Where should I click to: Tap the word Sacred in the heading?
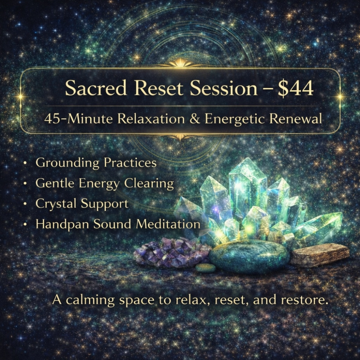click(x=89, y=89)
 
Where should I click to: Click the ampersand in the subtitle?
click(x=195, y=118)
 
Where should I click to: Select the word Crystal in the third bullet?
click(x=56, y=204)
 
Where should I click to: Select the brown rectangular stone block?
click(x=319, y=254)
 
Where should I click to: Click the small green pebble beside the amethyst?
click(x=206, y=267)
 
